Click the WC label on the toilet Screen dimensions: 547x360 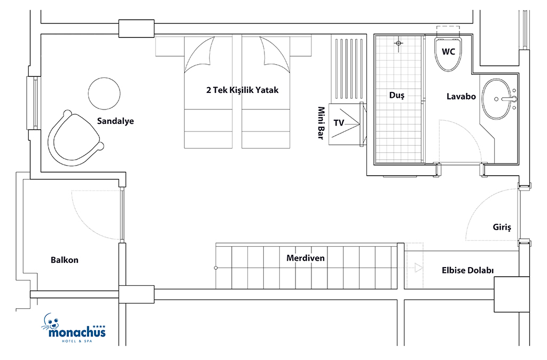click(448, 52)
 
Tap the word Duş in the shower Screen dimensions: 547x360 click(397, 95)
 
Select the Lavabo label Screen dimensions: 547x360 click(461, 96)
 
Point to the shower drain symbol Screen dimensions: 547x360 click(398, 43)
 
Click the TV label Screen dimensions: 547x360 click(339, 123)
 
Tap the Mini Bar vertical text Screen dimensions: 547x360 click(321, 123)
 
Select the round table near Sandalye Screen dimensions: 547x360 click(104, 93)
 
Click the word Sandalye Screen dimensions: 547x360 click(115, 121)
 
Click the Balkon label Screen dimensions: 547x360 click(65, 260)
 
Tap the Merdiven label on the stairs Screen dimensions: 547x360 click(305, 258)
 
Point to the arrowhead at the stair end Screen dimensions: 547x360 click(419, 268)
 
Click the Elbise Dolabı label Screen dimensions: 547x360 click(467, 270)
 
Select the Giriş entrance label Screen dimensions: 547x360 click(502, 228)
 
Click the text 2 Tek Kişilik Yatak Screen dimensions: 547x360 click(243, 90)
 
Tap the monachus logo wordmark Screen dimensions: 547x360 click(77, 332)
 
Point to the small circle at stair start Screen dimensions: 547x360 click(216, 268)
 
